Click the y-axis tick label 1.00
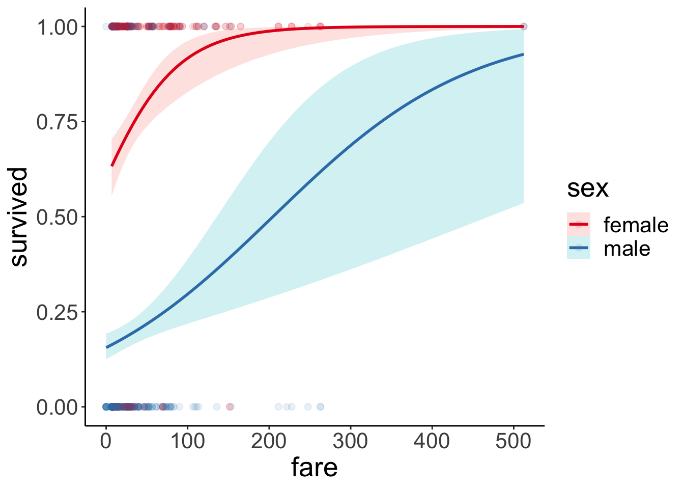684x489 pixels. [x=56, y=27]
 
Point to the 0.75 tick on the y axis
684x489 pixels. [x=56, y=122]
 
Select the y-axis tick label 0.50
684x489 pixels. [x=56, y=218]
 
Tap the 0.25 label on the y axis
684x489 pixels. [x=56, y=312]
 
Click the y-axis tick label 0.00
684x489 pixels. [x=56, y=407]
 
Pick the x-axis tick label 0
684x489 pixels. [x=106, y=441]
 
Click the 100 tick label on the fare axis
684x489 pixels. [x=187, y=441]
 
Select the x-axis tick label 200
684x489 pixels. [x=269, y=441]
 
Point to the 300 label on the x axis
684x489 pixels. [x=350, y=441]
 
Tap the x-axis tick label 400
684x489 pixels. [x=432, y=441]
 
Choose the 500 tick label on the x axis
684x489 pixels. [x=513, y=441]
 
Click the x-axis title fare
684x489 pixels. [x=314, y=468]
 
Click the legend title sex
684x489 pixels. [x=588, y=188]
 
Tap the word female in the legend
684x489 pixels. [x=636, y=225]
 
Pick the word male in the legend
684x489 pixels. [x=626, y=249]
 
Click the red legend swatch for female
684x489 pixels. [x=579, y=224]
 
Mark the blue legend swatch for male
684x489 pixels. [x=579, y=248]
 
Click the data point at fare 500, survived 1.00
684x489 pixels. [x=523, y=26]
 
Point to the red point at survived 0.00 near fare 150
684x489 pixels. [x=230, y=406]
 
